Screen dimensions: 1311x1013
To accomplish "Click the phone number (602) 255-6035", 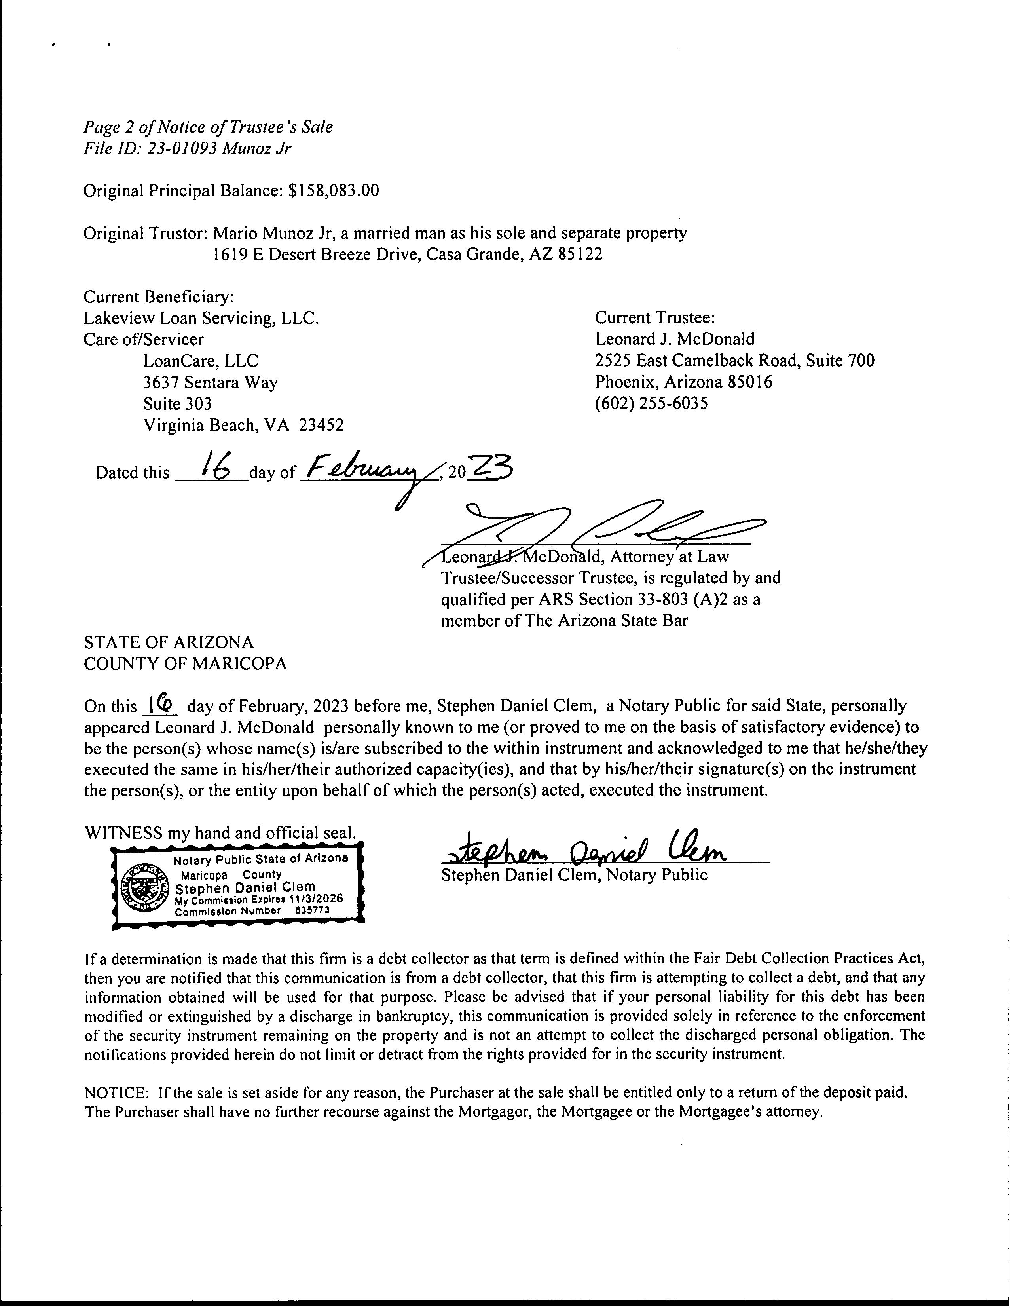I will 651,403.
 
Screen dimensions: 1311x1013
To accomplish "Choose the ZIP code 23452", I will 322,425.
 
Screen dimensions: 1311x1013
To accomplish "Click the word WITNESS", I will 123,833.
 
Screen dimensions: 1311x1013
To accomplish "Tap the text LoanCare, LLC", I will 201,361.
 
